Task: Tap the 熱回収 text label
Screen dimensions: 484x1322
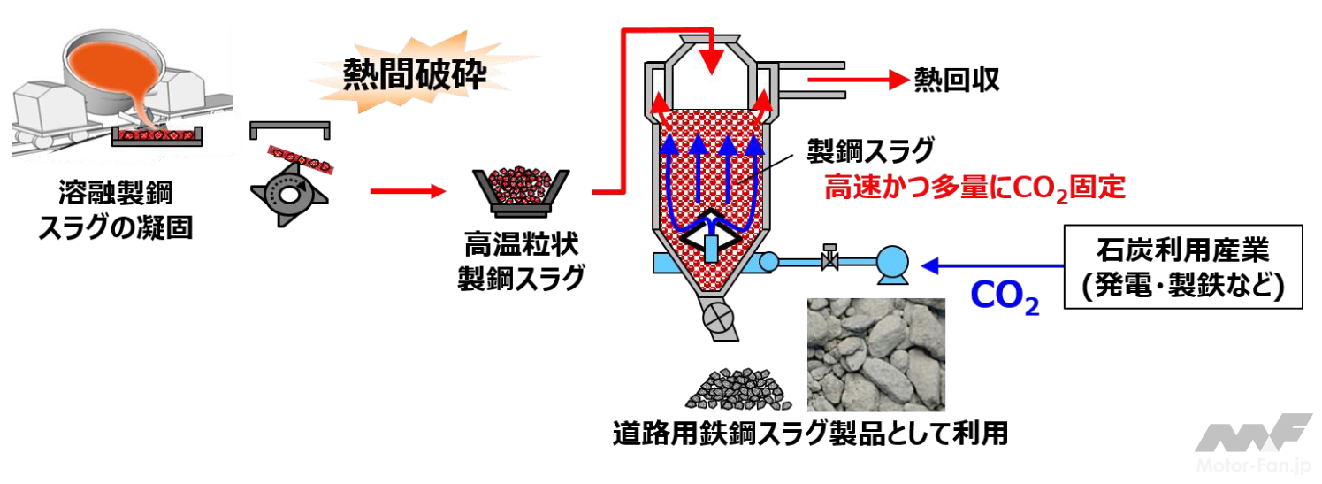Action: click(957, 80)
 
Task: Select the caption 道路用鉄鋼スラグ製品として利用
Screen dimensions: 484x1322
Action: click(810, 434)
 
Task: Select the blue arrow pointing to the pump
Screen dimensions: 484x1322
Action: click(990, 264)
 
